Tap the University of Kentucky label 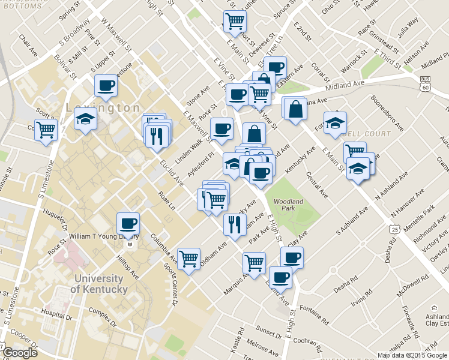100,284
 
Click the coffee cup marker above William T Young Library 128,223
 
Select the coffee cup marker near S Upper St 106,85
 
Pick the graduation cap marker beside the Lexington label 86,119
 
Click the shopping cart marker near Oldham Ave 189,259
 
